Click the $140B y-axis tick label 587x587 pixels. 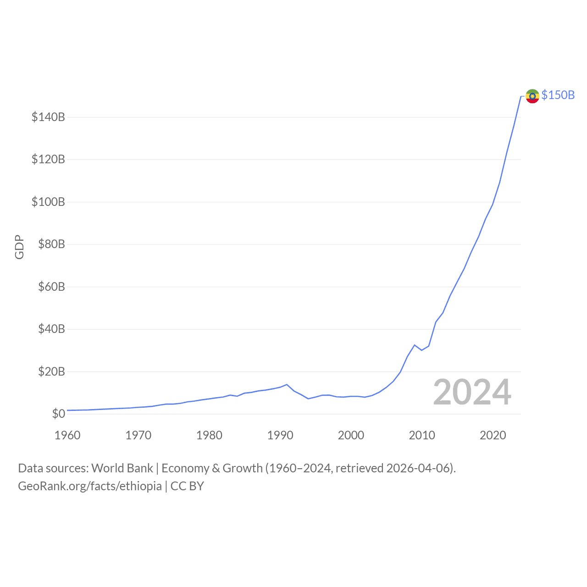(x=48, y=117)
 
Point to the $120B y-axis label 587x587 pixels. (x=48, y=160)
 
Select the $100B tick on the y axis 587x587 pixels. (x=48, y=202)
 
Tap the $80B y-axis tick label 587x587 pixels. (x=51, y=244)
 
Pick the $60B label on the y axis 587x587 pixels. (x=51, y=287)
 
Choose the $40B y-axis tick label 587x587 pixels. (x=51, y=329)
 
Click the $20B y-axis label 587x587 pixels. (x=51, y=371)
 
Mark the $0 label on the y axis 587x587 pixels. (x=58, y=414)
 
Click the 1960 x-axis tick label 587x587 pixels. (x=67, y=435)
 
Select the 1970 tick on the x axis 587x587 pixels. (x=138, y=435)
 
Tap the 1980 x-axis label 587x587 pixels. (x=209, y=435)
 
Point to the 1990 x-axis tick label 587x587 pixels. (x=280, y=435)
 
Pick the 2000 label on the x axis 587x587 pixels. (x=351, y=435)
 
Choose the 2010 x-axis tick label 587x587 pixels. (x=422, y=435)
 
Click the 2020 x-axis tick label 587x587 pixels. (x=493, y=435)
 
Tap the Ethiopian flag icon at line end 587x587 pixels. (x=532, y=96)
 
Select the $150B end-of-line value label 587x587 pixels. (x=558, y=95)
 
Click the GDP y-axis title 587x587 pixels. (x=19, y=247)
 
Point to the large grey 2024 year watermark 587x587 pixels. (x=472, y=392)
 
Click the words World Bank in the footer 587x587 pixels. (x=122, y=468)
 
